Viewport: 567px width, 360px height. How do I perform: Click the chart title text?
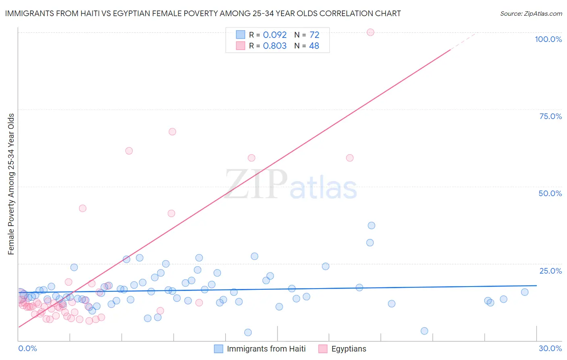coord(203,13)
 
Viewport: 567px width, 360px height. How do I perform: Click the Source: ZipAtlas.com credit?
coord(531,14)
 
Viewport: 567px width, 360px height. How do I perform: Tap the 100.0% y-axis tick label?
coord(548,39)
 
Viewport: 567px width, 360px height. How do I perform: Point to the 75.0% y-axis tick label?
coord(550,116)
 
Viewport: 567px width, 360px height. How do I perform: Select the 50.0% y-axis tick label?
coord(550,193)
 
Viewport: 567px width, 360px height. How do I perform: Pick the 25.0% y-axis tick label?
coord(550,270)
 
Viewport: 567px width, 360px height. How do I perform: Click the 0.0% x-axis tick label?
coord(27,348)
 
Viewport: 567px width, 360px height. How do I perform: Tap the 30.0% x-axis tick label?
coord(550,348)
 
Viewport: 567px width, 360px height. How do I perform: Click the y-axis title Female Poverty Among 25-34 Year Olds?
coord(11,184)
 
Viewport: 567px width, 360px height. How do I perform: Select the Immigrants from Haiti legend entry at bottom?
coord(266,349)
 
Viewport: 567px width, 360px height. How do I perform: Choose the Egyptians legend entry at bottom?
coord(349,349)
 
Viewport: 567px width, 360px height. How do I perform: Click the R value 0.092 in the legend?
coord(275,35)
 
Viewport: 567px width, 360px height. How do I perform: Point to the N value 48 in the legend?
coord(314,46)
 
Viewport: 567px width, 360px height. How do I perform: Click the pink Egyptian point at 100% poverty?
coord(371,32)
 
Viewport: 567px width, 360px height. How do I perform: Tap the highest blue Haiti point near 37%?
coord(371,226)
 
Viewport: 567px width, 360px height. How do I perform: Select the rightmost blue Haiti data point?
coord(525,292)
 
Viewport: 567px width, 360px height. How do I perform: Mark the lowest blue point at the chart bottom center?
coord(248,333)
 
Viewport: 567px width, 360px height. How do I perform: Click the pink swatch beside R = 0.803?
coord(241,46)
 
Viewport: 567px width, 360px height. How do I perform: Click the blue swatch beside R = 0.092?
coord(241,35)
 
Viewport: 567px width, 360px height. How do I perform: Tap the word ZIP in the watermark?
coord(256,184)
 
